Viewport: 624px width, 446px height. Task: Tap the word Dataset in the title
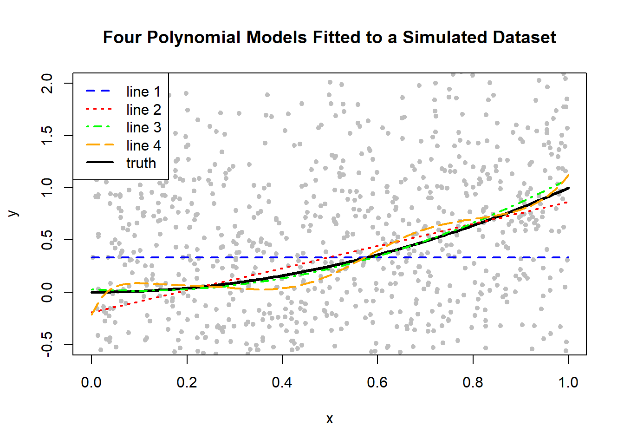pyautogui.click(x=524, y=38)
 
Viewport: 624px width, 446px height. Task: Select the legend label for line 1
pyautogui.click(x=143, y=92)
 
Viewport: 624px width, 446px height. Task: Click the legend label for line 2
pyautogui.click(x=143, y=110)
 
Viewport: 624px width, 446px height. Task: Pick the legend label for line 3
pyautogui.click(x=143, y=127)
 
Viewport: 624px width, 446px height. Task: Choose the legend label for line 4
pyautogui.click(x=143, y=145)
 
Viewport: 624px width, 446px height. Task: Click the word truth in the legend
pyautogui.click(x=141, y=163)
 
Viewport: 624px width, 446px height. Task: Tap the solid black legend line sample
pyautogui.click(x=99, y=163)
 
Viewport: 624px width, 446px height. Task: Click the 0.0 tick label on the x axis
pyautogui.click(x=91, y=382)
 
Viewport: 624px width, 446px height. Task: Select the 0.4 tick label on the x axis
pyautogui.click(x=282, y=382)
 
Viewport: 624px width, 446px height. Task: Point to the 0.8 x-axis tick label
pyautogui.click(x=473, y=382)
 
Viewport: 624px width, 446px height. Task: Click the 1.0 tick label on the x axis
pyautogui.click(x=568, y=382)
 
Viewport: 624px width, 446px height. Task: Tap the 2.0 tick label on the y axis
pyautogui.click(x=47, y=83)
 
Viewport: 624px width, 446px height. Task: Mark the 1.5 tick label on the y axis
pyautogui.click(x=47, y=135)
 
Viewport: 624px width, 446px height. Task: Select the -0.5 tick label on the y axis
pyautogui.click(x=47, y=344)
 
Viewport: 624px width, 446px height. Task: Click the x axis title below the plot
pyautogui.click(x=330, y=419)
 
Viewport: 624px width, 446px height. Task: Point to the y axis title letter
pyautogui.click(x=14, y=213)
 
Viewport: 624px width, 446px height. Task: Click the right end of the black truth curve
pyautogui.click(x=568, y=188)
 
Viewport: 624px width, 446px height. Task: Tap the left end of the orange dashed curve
pyautogui.click(x=92, y=314)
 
